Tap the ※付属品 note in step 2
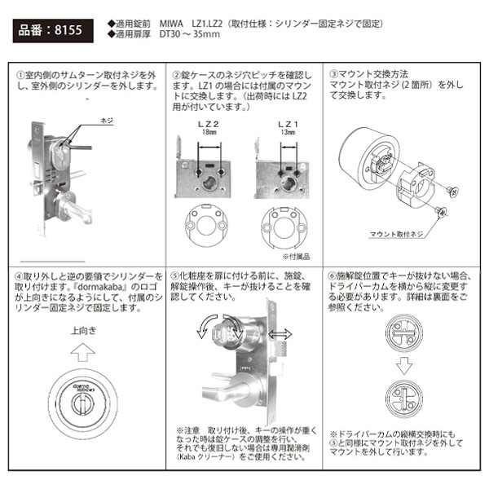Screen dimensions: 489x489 (x=290, y=253)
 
